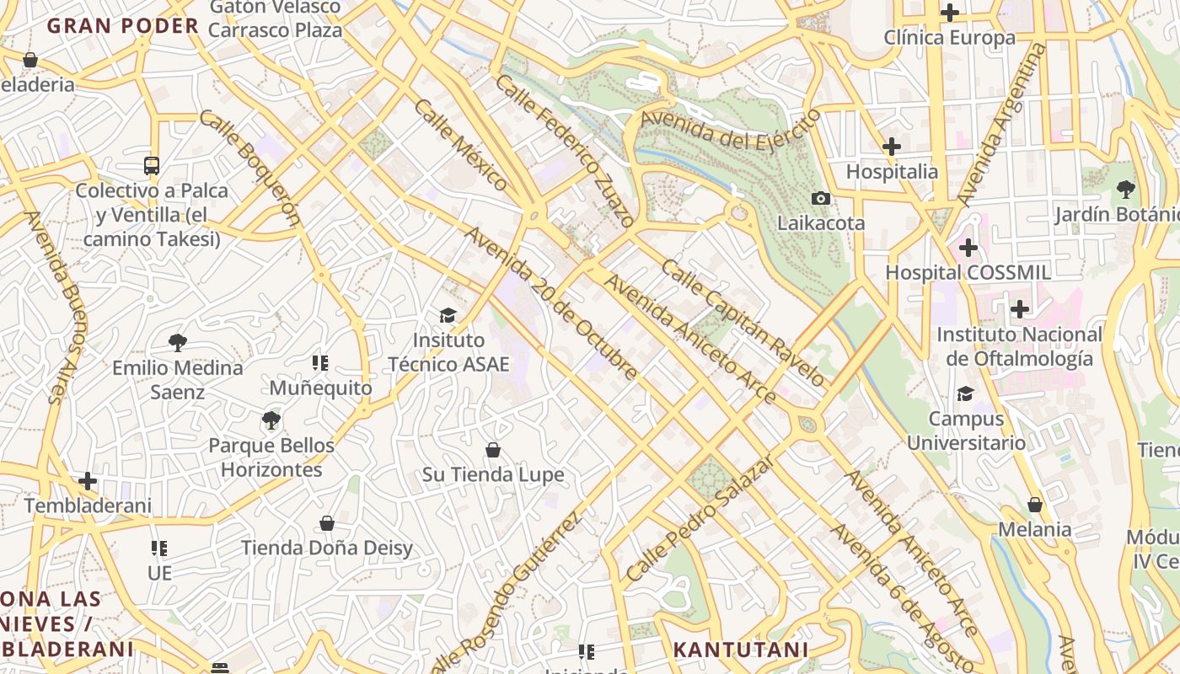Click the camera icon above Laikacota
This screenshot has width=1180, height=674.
click(x=820, y=199)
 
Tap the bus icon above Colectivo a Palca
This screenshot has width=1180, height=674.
click(x=152, y=166)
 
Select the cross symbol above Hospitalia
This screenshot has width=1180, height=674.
click(x=892, y=147)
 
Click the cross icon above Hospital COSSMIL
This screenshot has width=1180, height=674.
click(x=968, y=248)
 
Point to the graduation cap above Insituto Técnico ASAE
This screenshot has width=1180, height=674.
click(x=448, y=316)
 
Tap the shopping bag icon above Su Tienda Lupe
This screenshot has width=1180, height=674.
click(x=493, y=450)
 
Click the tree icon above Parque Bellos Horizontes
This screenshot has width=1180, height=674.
click(x=271, y=420)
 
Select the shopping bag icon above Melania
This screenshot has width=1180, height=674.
click(x=1035, y=505)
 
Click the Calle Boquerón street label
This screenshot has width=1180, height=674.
click(x=250, y=168)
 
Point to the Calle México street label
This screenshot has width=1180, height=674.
click(x=461, y=145)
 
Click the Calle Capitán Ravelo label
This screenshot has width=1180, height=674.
click(x=743, y=323)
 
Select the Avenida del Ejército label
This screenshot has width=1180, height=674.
click(x=730, y=129)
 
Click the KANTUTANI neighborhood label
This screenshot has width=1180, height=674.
click(x=741, y=650)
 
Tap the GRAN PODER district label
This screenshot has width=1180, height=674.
click(x=122, y=25)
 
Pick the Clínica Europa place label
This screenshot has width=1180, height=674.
click(x=949, y=38)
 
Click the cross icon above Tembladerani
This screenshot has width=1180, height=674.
click(x=88, y=481)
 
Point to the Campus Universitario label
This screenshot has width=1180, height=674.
click(x=966, y=431)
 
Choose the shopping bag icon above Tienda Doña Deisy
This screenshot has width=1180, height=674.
click(x=327, y=524)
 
